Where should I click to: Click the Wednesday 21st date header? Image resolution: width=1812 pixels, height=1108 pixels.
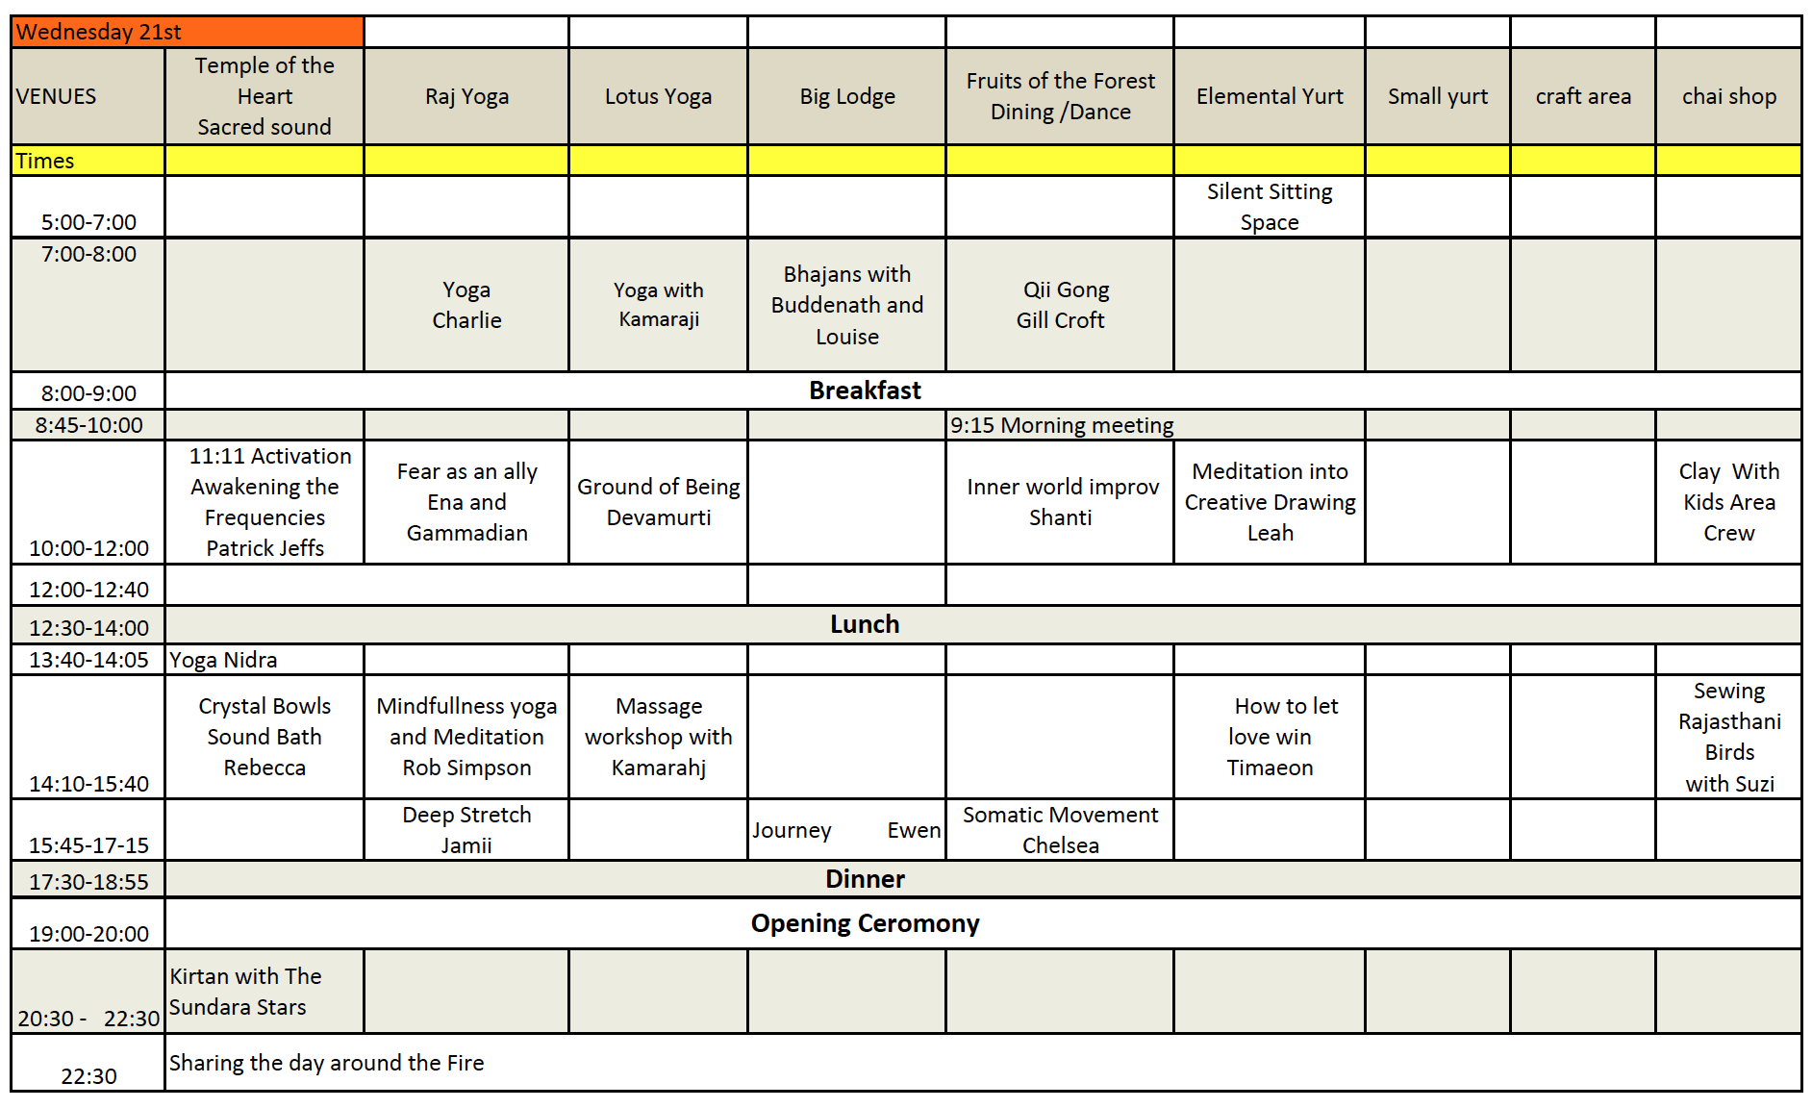pyautogui.click(x=99, y=32)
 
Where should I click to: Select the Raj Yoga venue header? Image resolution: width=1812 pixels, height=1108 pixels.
pyautogui.click(x=466, y=96)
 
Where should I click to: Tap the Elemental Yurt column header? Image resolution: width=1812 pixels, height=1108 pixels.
pyautogui.click(x=1270, y=96)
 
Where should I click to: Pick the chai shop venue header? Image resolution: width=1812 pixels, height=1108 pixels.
pyautogui.click(x=1728, y=96)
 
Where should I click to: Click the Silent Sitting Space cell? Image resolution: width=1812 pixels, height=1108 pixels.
pyautogui.click(x=1270, y=207)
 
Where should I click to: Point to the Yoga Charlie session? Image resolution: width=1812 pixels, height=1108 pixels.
pyautogui.click(x=466, y=305)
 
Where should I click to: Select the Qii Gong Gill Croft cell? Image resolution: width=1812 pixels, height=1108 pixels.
pyautogui.click(x=1061, y=305)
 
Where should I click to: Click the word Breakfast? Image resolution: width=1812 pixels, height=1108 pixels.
pyautogui.click(x=865, y=390)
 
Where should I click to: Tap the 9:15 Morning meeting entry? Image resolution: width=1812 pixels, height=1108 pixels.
pyautogui.click(x=1062, y=425)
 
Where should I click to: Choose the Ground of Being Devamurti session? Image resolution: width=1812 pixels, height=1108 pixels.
pyautogui.click(x=659, y=502)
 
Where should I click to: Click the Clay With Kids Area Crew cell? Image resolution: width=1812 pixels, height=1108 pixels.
pyautogui.click(x=1728, y=502)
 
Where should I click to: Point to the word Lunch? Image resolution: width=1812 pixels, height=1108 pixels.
pyautogui.click(x=865, y=624)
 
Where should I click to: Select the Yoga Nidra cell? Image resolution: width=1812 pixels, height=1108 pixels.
pyautogui.click(x=223, y=660)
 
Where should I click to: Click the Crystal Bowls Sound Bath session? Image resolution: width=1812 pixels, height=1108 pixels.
pyautogui.click(x=264, y=737)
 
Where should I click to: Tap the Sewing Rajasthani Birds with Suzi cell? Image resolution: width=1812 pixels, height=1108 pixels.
pyautogui.click(x=1729, y=737)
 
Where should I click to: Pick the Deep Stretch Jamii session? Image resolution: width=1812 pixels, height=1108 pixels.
pyautogui.click(x=466, y=830)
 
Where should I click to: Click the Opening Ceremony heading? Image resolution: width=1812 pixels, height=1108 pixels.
pyautogui.click(x=865, y=923)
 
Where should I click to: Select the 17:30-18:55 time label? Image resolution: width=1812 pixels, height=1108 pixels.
pyautogui.click(x=88, y=882)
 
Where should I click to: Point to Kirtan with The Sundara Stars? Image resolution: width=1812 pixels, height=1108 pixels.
pyautogui.click(x=245, y=992)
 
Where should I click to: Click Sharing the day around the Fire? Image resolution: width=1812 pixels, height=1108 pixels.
pyautogui.click(x=326, y=1063)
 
